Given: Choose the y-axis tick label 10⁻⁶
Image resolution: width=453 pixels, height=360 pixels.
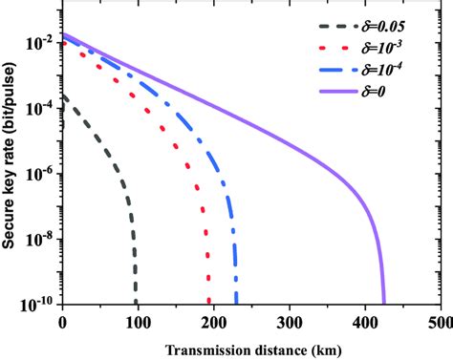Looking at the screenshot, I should pos(42,173).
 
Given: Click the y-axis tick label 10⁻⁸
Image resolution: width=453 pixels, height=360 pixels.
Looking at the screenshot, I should pos(42,237).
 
